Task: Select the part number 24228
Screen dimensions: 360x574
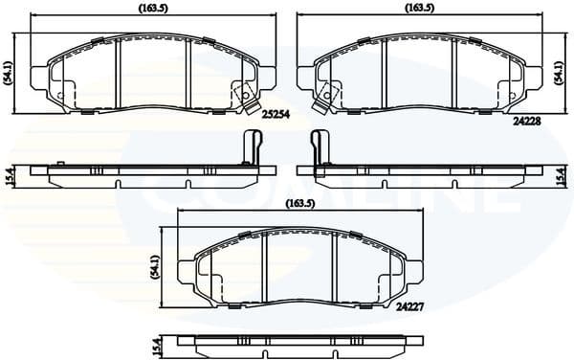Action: coord(527,122)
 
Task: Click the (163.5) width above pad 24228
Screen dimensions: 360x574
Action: coord(419,8)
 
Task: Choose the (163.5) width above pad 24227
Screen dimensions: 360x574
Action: coord(300,203)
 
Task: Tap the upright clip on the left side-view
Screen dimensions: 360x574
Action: coord(253,150)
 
